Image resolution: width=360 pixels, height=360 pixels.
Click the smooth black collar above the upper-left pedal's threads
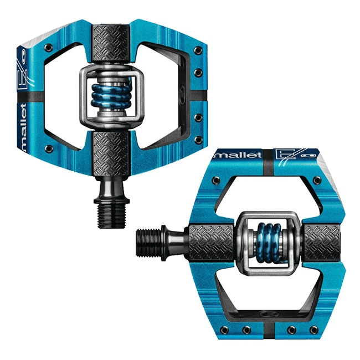(113, 186)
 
